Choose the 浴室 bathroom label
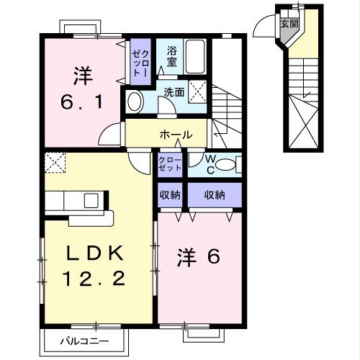click(171, 56)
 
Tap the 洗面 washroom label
click(174, 91)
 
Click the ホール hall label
click(176, 135)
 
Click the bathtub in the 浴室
click(195, 56)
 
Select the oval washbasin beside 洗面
click(134, 101)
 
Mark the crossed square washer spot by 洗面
click(199, 92)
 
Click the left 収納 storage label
click(171, 194)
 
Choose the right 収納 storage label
click(215, 194)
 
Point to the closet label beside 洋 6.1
click(139, 62)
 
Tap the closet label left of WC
click(171, 164)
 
